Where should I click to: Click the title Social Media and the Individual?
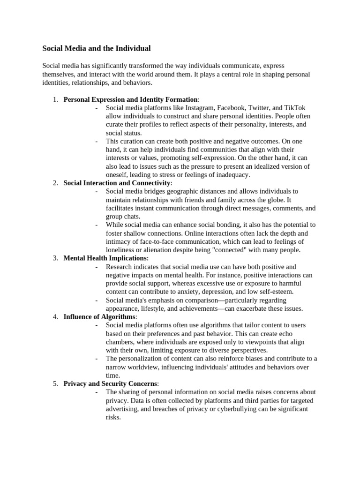(x=97, y=48)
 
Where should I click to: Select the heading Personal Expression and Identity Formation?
(x=131, y=99)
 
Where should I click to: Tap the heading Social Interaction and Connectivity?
(x=117, y=183)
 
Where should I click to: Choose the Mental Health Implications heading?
(x=105, y=258)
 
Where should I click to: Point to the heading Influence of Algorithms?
(x=99, y=317)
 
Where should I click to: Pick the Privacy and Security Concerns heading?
(x=111, y=383)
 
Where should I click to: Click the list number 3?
(x=55, y=258)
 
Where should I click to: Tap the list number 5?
(x=55, y=383)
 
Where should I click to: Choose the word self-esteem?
(x=277, y=292)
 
